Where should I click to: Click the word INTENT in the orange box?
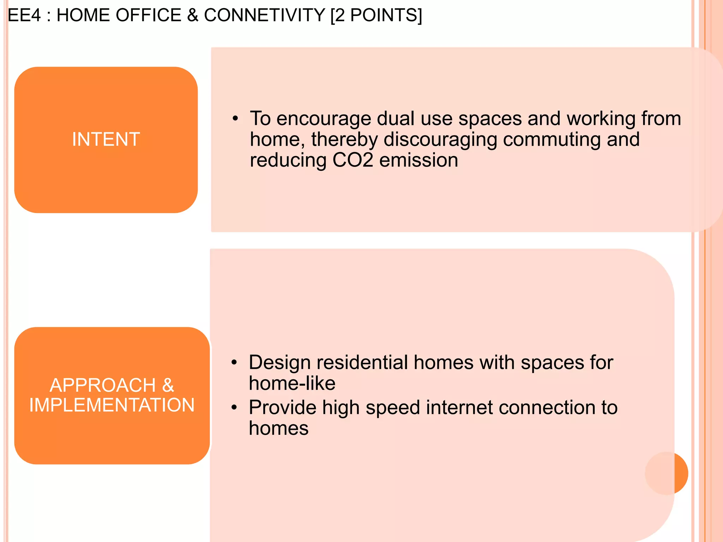pos(106,139)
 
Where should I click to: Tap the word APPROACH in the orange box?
pos(103,385)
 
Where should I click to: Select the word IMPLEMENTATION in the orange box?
pos(112,405)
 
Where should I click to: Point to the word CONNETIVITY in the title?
pos(264,16)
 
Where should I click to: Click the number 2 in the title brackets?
pos(340,16)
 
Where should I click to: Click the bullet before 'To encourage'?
pos(235,119)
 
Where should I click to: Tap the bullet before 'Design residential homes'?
pos(234,363)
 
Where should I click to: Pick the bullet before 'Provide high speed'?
pos(234,408)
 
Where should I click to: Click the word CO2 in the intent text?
pos(353,160)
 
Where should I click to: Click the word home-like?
pos(292,384)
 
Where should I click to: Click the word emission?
pos(419,160)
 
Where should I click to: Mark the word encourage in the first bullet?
pos(323,119)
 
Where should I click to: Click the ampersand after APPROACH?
pos(168,385)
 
